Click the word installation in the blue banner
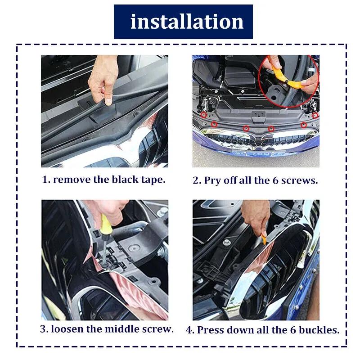coord(186,22)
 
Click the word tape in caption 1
coord(153,179)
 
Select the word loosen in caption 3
coord(67,328)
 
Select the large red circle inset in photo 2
coord(288,81)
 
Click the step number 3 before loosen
coord(43,328)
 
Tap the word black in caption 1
coord(124,179)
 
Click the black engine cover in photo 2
coord(238,81)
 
